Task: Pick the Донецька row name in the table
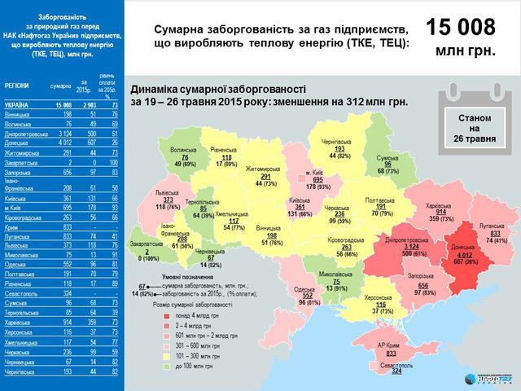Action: click(x=17, y=142)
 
